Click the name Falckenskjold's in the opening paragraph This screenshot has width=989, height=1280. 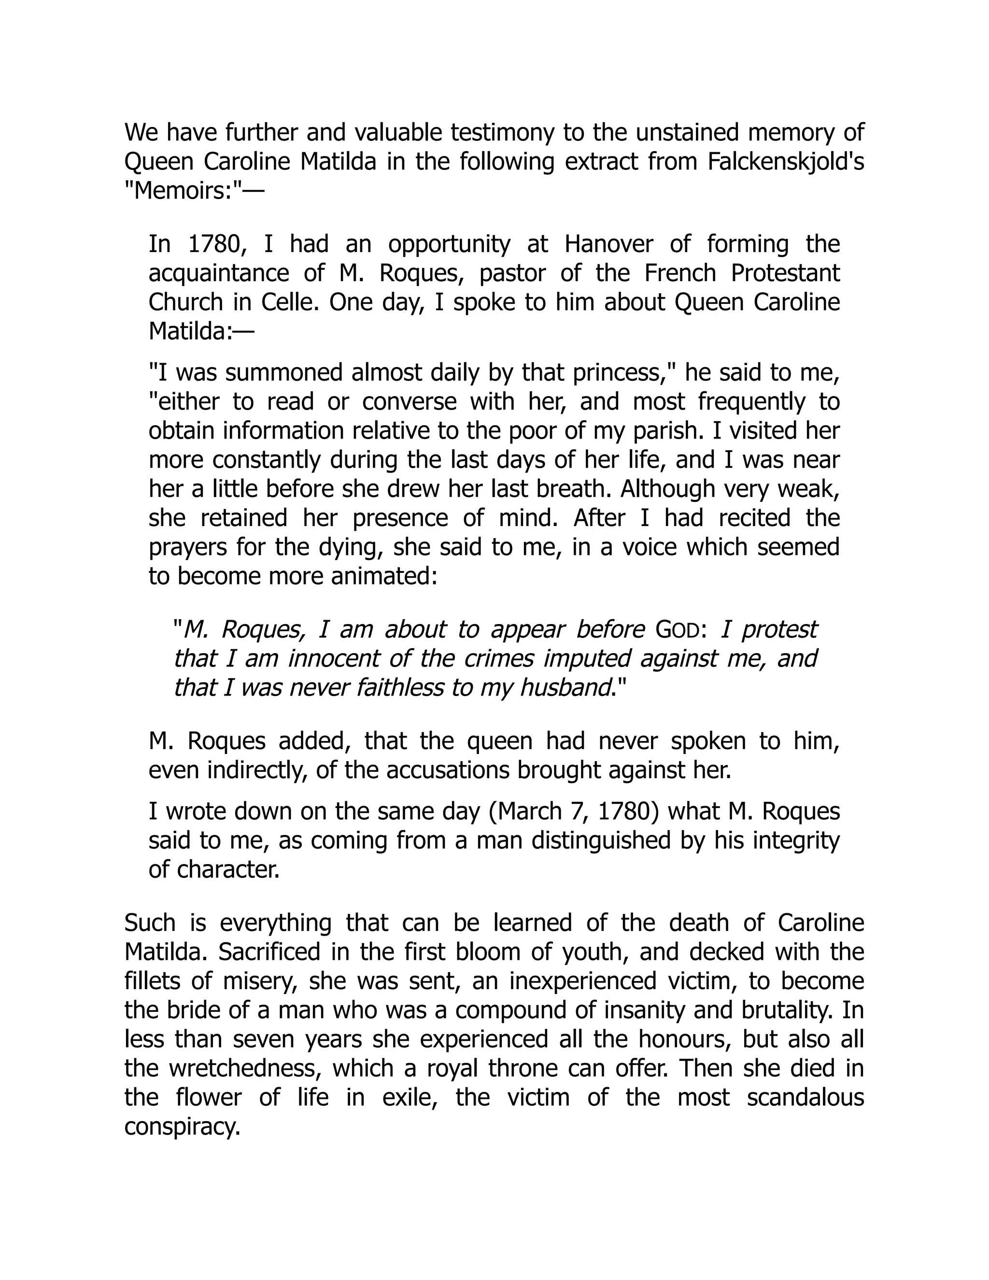(x=786, y=162)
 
